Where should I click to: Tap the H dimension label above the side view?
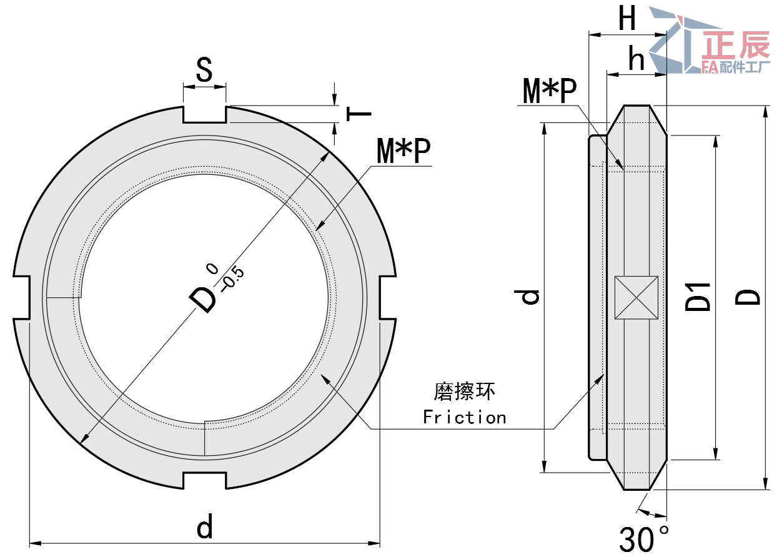point(626,20)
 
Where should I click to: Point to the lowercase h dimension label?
point(636,60)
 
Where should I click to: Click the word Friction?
point(464,417)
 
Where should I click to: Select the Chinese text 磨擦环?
point(464,392)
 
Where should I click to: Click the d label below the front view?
point(205,528)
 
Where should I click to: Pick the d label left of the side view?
point(530,297)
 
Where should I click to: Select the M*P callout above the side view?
point(550,92)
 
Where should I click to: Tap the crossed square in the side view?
point(636,297)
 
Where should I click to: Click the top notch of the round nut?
point(204,114)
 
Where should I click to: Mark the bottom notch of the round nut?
point(204,480)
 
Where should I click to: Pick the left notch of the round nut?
point(22,297)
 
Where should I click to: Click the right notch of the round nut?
point(387,297)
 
